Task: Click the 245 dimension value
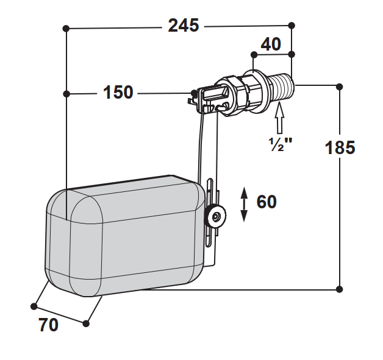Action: click(184, 26)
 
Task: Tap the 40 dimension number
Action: click(271, 44)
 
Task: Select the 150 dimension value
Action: click(118, 92)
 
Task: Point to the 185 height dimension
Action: click(340, 147)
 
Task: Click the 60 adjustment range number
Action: click(267, 202)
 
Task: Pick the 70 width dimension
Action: click(48, 325)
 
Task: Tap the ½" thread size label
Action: click(280, 144)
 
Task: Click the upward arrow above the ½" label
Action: click(279, 118)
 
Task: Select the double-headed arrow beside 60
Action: click(244, 205)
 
